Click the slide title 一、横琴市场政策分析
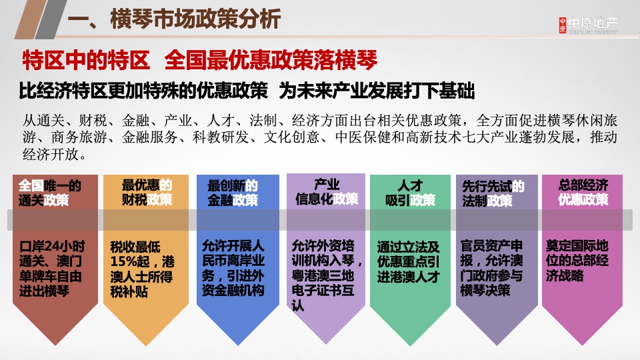tap(175, 19)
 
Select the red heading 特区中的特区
tap(86, 61)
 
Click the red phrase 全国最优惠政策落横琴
tap(270, 61)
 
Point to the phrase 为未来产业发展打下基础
tap(377, 91)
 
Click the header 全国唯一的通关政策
tap(50, 192)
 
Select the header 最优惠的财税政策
tap(147, 192)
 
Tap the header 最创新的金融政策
tap(233, 192)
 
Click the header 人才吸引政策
tap(410, 192)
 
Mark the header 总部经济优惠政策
tap(583, 192)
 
